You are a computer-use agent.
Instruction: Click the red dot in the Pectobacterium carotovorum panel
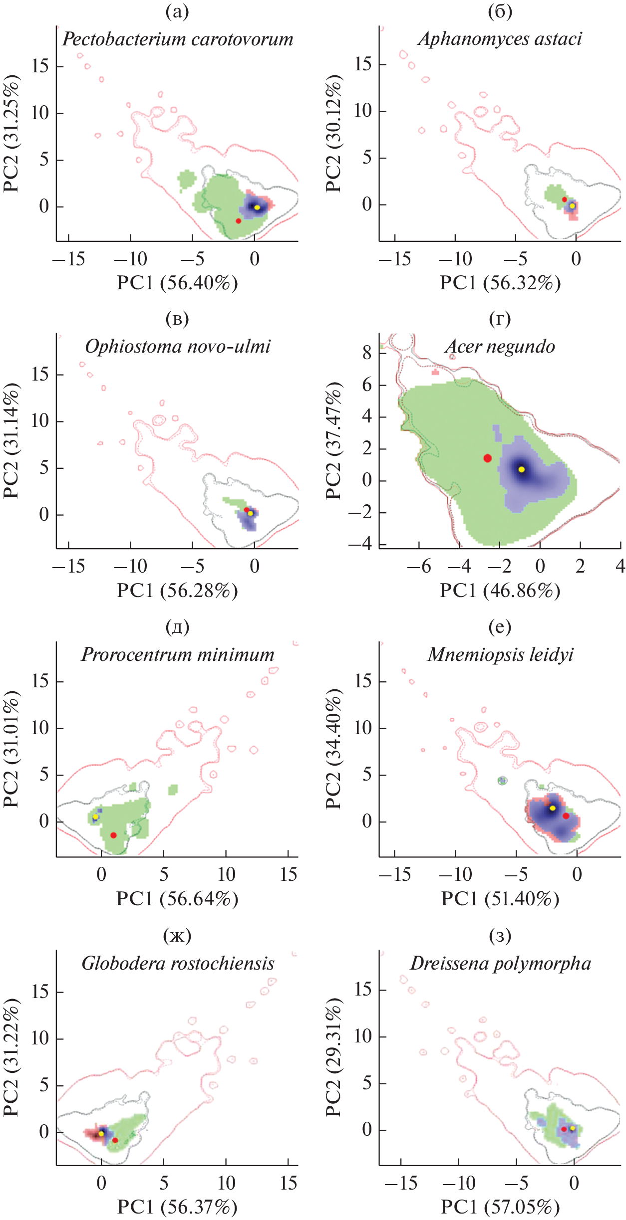click(238, 220)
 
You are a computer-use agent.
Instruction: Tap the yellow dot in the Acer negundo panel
click(521, 469)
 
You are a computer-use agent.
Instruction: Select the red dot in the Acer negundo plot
click(487, 458)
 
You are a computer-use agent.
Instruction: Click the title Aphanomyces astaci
click(500, 39)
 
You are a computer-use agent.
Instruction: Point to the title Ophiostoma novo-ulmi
click(178, 346)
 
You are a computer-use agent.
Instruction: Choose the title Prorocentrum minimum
click(178, 654)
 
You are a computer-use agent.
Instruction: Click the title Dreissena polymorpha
click(500, 963)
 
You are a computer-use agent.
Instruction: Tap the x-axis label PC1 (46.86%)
click(500, 591)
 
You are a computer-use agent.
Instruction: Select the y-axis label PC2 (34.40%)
click(333, 749)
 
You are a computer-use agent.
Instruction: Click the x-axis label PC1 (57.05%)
click(500, 1207)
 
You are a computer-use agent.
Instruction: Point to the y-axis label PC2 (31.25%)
click(11, 133)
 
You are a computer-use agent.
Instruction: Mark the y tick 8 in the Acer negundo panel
click(367, 353)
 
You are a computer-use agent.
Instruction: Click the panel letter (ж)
click(177, 936)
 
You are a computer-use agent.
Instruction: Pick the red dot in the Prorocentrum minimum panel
click(113, 835)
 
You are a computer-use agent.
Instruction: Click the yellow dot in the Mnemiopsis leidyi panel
click(552, 808)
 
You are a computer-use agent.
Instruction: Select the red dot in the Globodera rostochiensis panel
click(115, 1140)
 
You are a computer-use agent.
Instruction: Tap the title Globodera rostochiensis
click(178, 963)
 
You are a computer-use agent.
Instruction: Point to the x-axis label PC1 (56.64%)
click(177, 899)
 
